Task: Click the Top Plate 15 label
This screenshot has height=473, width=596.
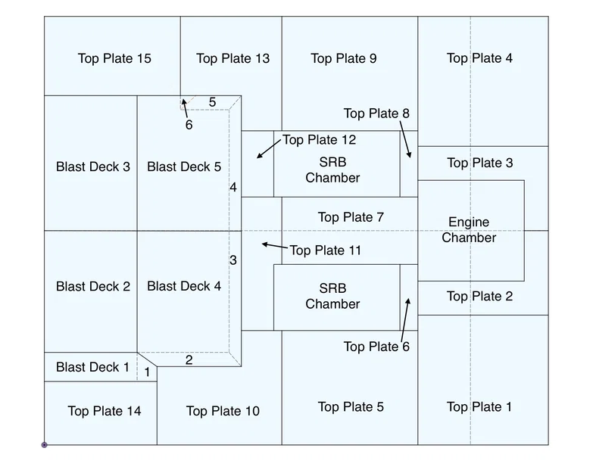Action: coord(114,58)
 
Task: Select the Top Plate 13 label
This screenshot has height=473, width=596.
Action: coord(232,58)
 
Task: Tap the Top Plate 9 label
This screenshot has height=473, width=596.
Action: coord(344,58)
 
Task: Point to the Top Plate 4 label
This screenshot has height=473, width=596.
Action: coord(479,58)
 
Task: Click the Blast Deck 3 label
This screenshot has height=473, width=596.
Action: coord(93,166)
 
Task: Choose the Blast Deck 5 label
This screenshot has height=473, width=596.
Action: coord(184,166)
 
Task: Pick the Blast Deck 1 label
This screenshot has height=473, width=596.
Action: coord(92,367)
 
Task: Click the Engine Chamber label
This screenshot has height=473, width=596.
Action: coord(469,230)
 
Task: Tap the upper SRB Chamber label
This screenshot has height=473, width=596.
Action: coord(332,170)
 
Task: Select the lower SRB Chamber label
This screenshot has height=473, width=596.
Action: coord(332,296)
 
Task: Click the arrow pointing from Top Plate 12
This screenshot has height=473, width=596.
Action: coord(268,148)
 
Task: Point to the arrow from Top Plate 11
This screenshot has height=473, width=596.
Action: coord(274,246)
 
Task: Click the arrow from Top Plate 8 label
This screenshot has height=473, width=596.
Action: coord(406,139)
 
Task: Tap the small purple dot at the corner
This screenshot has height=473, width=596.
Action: coord(44,445)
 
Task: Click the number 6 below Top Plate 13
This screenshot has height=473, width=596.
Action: coord(189,125)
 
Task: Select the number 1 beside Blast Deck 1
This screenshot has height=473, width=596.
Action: coord(147,372)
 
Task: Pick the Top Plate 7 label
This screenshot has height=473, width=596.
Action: coord(351,217)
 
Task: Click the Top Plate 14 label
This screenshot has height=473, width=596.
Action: coord(105,411)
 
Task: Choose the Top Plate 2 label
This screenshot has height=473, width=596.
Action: coord(479,296)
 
